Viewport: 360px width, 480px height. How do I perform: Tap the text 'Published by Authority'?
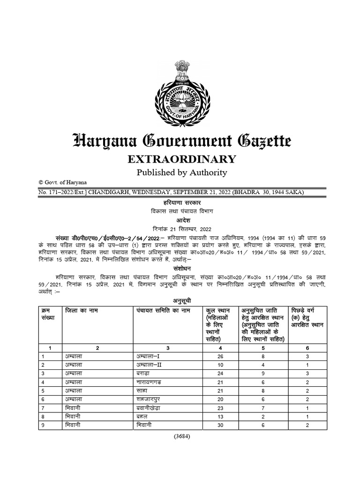coord(181,172)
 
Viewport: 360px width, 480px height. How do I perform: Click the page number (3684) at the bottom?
coord(181,436)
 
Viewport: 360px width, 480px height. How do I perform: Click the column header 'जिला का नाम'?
coord(82,310)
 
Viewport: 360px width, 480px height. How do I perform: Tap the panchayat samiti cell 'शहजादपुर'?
coord(150,399)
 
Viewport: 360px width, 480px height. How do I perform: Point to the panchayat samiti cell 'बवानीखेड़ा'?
coord(151,408)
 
